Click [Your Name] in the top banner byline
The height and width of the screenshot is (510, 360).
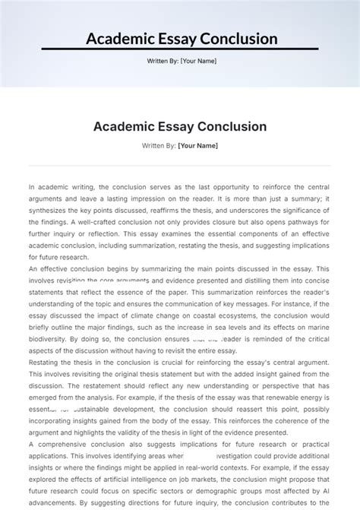196,62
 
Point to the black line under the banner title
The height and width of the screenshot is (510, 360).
179,50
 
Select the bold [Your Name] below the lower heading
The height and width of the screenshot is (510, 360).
197,145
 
